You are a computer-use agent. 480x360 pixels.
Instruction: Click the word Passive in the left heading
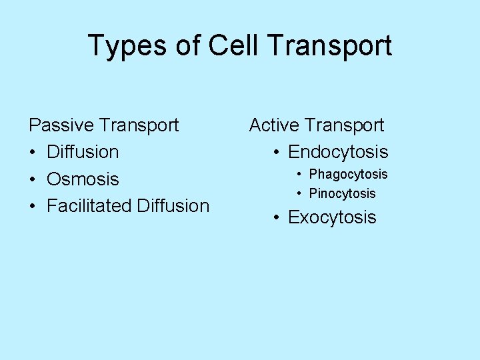pos(61,125)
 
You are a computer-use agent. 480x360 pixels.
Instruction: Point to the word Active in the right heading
pos(275,125)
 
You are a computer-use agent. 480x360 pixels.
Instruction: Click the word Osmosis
pos(83,179)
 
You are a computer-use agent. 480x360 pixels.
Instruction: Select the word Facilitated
pos(89,206)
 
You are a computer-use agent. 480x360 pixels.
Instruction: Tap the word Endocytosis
pos(338,152)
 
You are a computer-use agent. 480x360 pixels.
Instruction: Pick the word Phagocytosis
pos(348,175)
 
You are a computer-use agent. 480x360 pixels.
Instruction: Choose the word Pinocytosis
pos(343,194)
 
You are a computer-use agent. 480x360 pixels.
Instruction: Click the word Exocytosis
pos(332,217)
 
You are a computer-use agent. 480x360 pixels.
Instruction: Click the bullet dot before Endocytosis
pos(277,153)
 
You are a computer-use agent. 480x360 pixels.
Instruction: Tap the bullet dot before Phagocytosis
pos(301,175)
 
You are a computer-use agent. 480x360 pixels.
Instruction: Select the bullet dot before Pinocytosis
pos(301,194)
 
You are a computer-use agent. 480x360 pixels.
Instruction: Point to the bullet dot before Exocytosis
pos(277,218)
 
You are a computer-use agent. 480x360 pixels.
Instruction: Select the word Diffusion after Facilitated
pos(173,206)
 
